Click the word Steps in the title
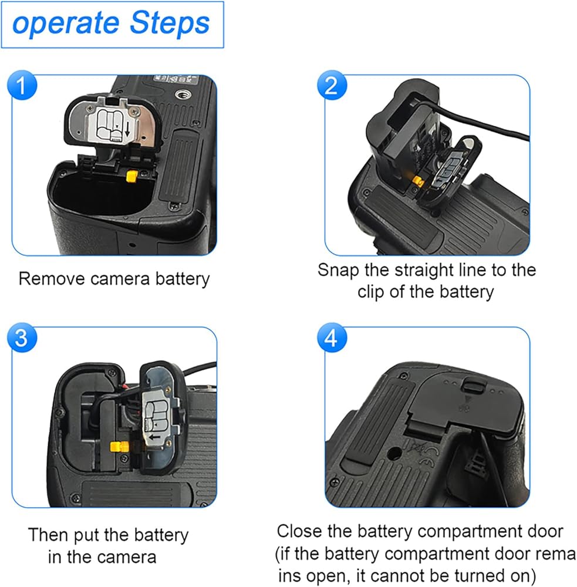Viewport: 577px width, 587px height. click(x=170, y=23)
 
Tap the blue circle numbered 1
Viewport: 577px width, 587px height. click(x=22, y=85)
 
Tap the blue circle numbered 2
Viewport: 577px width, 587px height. click(x=332, y=85)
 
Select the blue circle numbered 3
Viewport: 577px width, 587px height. click(x=22, y=338)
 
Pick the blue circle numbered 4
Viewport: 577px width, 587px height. click(x=332, y=338)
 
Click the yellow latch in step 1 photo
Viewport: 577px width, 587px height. click(x=131, y=176)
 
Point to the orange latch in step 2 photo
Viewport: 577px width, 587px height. click(x=418, y=181)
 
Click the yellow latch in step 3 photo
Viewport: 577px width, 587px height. click(x=119, y=446)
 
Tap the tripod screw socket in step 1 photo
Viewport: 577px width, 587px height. click(x=184, y=95)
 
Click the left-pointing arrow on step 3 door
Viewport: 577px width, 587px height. click(x=154, y=437)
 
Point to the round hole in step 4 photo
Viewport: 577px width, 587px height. click(x=393, y=454)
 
